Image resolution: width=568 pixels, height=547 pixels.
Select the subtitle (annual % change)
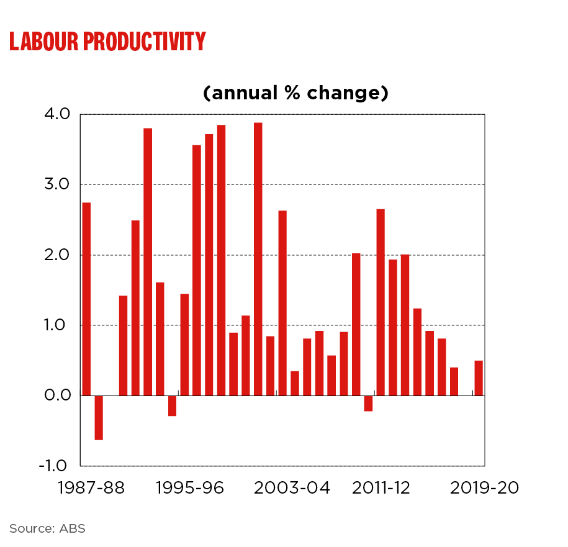[x=295, y=93]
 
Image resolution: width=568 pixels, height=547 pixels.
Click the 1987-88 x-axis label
[x=91, y=488]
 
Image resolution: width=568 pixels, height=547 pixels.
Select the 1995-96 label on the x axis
[x=189, y=488]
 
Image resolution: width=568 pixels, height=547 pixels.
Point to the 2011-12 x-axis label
[x=381, y=488]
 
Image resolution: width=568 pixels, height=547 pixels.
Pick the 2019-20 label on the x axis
[x=484, y=488]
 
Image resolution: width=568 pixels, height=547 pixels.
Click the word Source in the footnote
[x=31, y=529]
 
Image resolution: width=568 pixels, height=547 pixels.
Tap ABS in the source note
[x=72, y=529]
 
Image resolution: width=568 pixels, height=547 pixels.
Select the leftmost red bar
[x=86, y=299]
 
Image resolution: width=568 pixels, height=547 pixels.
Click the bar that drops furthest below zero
[x=99, y=418]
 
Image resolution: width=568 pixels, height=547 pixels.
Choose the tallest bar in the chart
[x=258, y=259]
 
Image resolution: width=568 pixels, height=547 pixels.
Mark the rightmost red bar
[x=479, y=378]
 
